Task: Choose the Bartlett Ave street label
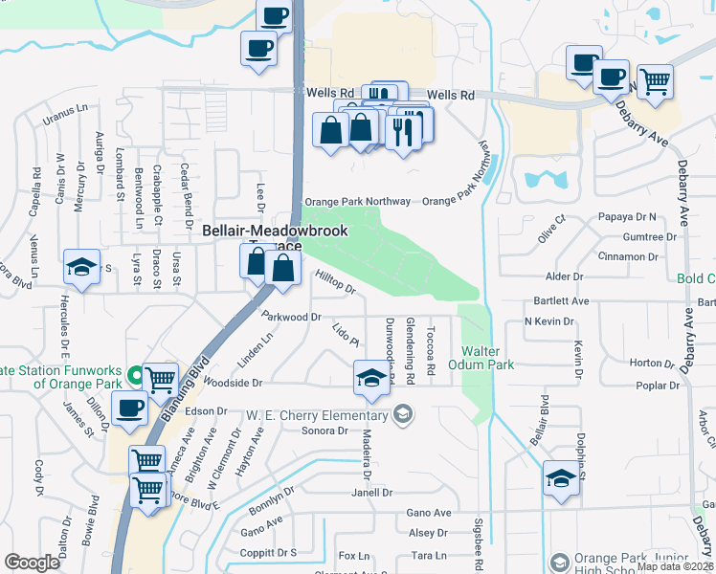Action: pos(561,300)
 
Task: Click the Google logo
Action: pos(32,563)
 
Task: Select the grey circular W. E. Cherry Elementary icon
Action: pos(403,414)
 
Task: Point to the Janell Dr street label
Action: pos(372,493)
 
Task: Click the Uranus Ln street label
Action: pos(64,121)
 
